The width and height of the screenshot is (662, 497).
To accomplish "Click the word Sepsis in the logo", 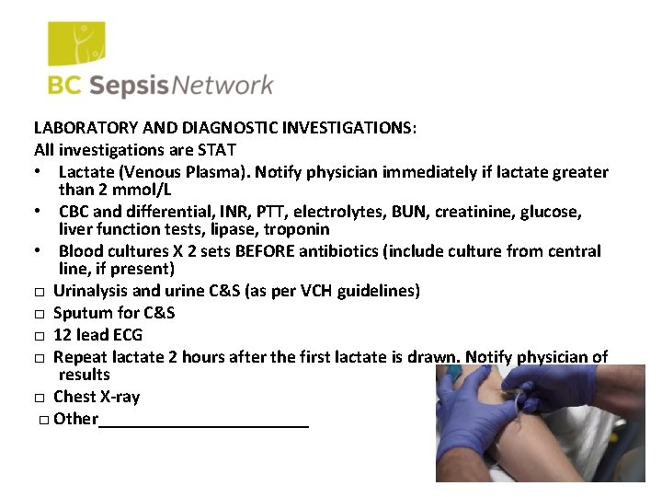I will click(x=131, y=86).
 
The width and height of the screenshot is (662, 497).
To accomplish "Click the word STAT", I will click(x=215, y=150).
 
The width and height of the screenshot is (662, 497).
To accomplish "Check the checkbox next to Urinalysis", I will click(x=41, y=293).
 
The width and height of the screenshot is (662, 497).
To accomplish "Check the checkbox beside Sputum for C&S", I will click(x=41, y=314).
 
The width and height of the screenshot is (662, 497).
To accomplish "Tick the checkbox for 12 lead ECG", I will click(x=41, y=336).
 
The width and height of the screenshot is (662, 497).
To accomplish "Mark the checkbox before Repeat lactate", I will click(x=41, y=357).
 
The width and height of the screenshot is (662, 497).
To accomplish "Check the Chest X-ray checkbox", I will click(x=41, y=399).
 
